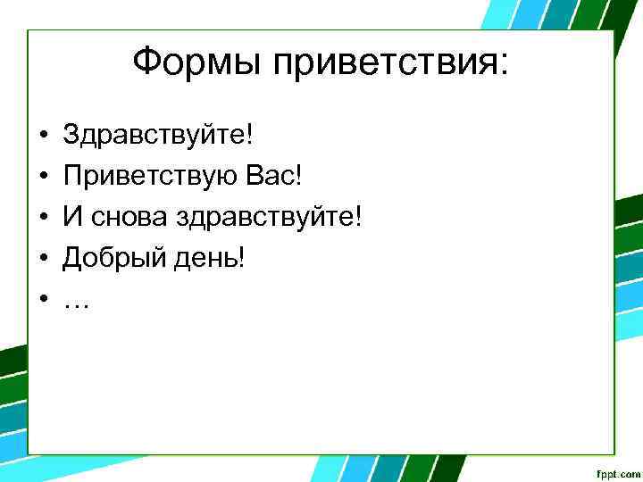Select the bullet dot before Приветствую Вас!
tap(42, 178)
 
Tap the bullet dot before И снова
tap(42, 219)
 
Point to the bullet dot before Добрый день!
tap(42, 260)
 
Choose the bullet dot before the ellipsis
tap(42, 301)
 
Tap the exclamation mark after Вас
tap(299, 177)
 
